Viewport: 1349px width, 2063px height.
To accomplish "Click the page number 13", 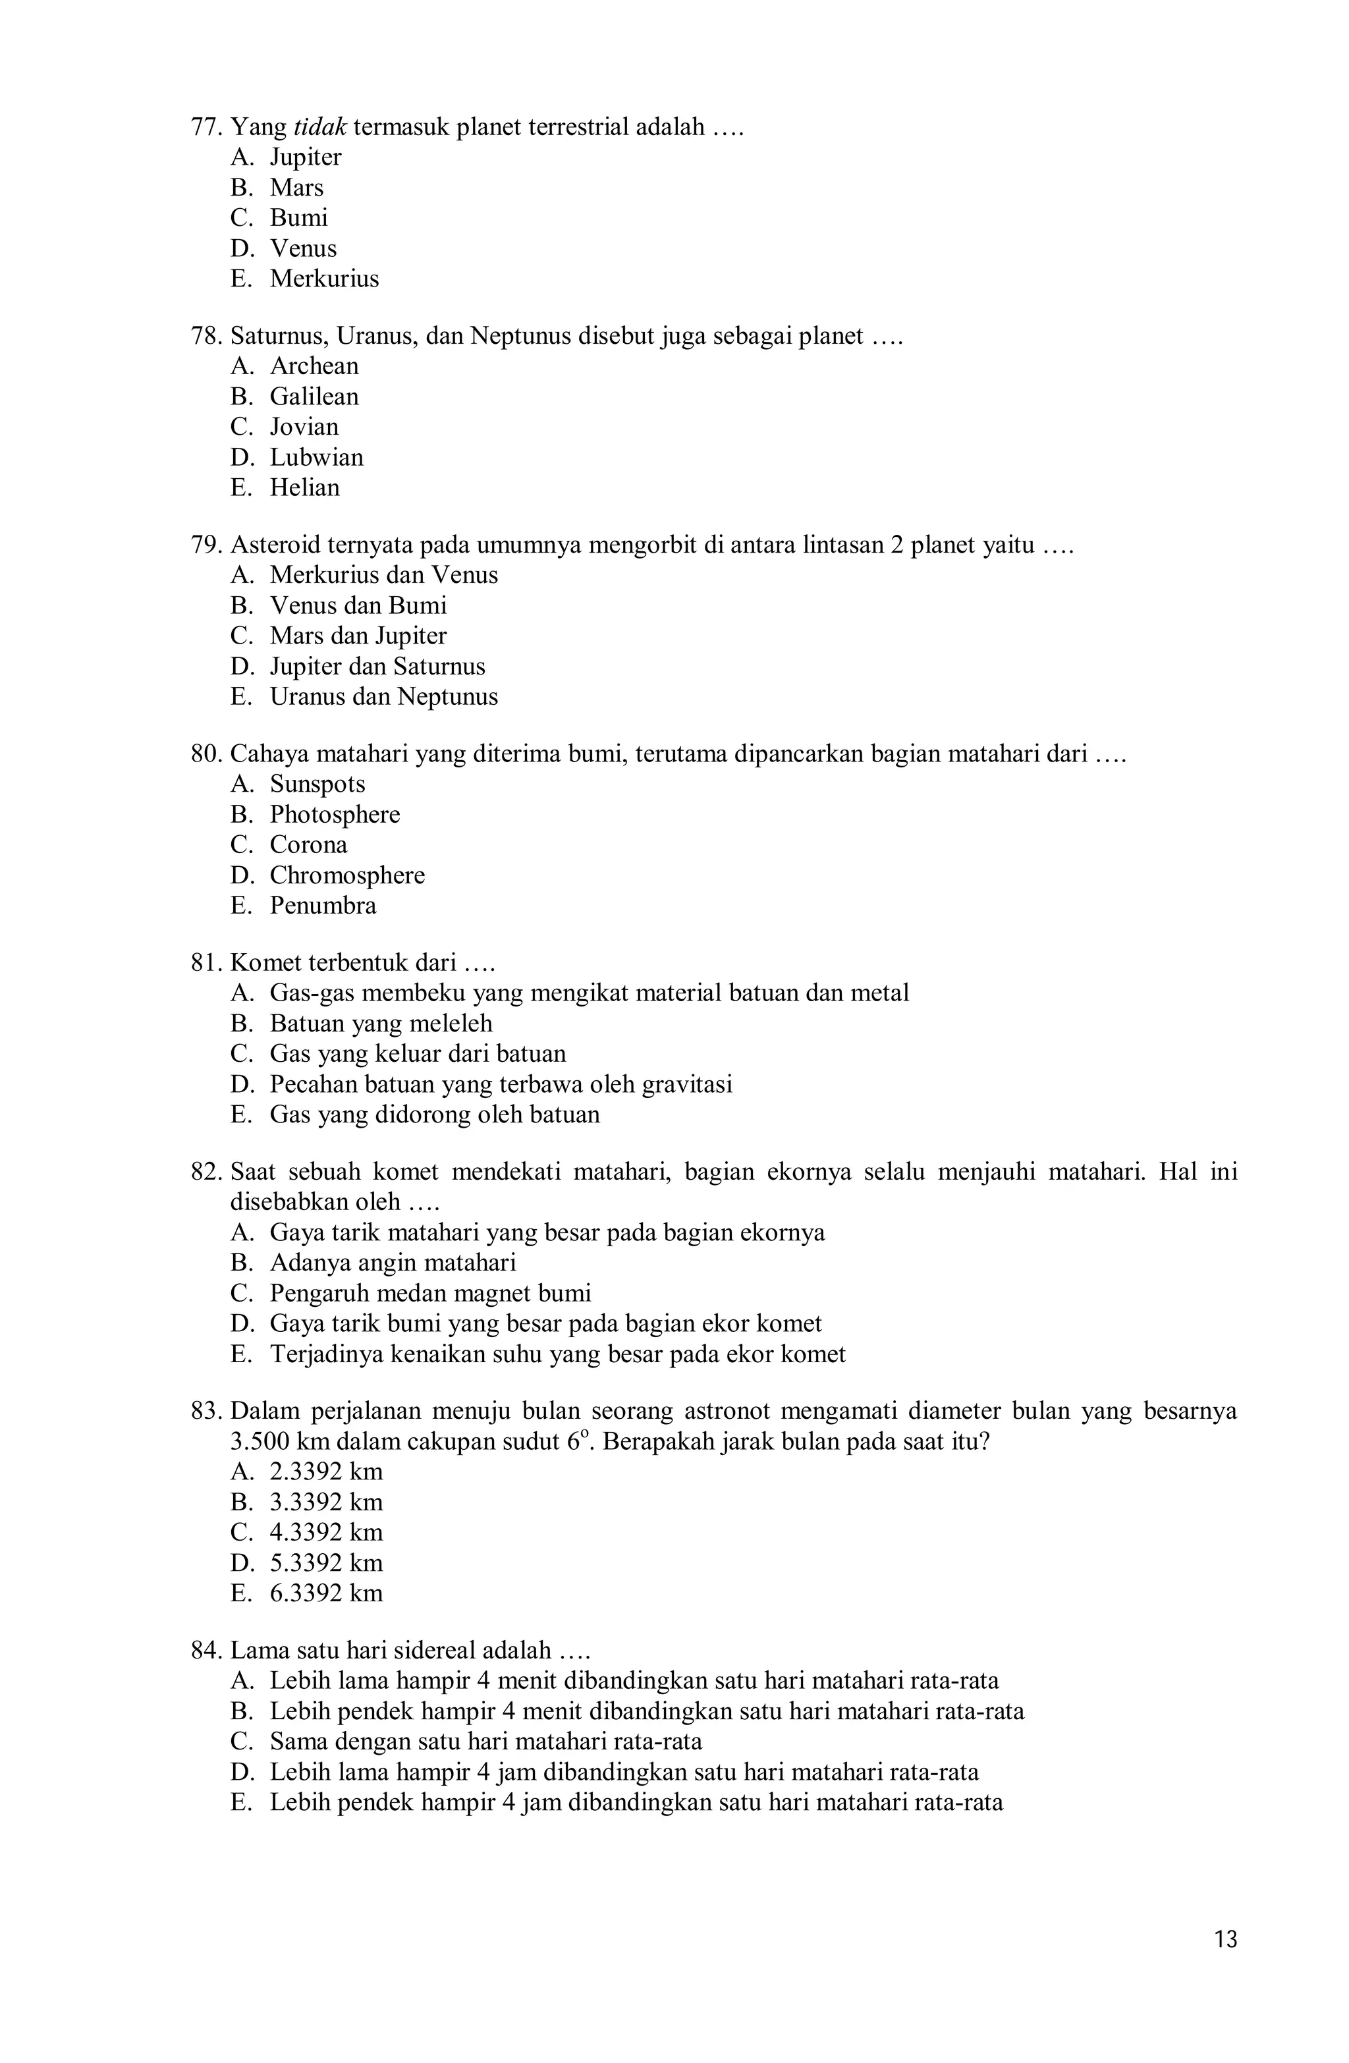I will [1225, 1964].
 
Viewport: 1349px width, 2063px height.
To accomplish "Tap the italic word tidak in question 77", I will [320, 127].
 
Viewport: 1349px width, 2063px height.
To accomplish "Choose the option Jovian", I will [304, 427].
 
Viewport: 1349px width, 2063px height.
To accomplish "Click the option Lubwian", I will [316, 458].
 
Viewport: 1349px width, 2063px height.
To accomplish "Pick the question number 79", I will [206, 545].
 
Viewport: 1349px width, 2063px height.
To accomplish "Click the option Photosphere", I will [335, 815].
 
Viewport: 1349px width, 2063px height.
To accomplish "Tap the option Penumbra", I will [323, 906].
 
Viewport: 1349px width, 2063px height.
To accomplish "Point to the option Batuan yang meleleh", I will [381, 1024].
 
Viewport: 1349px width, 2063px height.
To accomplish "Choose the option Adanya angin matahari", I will [392, 1263].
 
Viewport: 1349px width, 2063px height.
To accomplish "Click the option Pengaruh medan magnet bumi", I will [430, 1293].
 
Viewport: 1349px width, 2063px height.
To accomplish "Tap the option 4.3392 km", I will [326, 1533].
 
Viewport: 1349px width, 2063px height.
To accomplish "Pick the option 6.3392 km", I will [326, 1593].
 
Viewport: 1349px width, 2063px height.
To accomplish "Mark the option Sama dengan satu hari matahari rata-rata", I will [485, 1742].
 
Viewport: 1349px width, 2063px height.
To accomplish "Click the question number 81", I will [206, 963].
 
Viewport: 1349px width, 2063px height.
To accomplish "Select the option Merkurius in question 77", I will [324, 279].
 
